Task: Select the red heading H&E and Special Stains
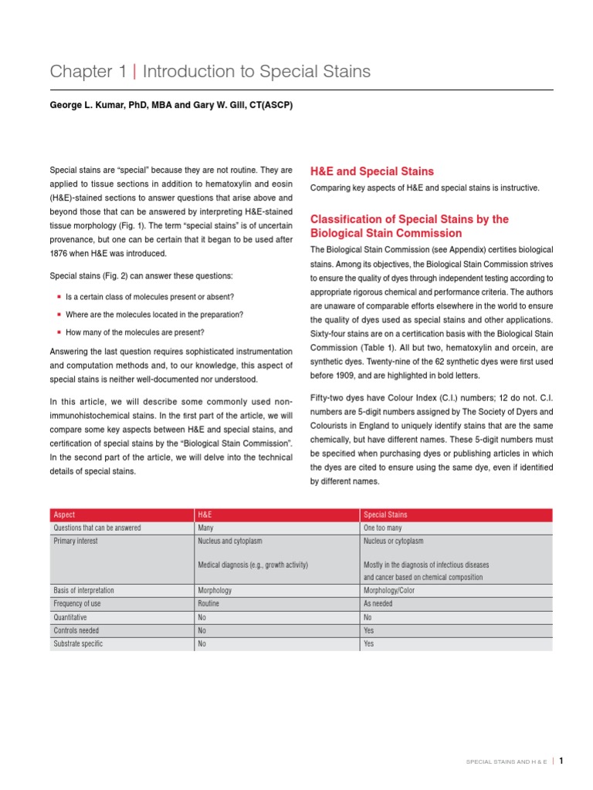click(x=371, y=171)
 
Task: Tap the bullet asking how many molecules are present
click(x=134, y=333)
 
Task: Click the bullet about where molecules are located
click(x=154, y=315)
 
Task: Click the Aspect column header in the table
click(x=64, y=515)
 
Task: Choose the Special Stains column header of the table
click(x=385, y=515)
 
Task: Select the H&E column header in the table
click(x=205, y=515)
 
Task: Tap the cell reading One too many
click(x=384, y=528)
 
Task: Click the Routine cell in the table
click(x=208, y=604)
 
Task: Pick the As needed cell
click(x=378, y=604)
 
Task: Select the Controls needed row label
click(x=76, y=630)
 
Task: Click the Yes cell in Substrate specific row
click(x=368, y=643)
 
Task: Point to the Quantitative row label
click(x=69, y=617)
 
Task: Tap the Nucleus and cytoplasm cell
click(x=231, y=542)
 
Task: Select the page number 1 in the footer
click(x=561, y=760)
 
